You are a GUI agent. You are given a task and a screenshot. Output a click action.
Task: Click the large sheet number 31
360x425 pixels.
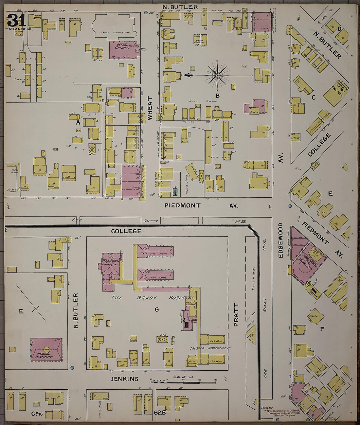click(x=16, y=20)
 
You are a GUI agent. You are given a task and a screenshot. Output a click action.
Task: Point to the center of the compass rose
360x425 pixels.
click(x=217, y=76)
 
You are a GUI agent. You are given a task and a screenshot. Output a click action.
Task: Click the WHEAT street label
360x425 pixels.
click(x=150, y=108)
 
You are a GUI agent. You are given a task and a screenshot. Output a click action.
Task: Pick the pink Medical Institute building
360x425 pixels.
click(x=46, y=349)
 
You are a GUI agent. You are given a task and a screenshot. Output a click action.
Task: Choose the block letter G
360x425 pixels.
click(x=157, y=310)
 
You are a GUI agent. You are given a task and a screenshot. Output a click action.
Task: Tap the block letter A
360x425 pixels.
click(x=78, y=122)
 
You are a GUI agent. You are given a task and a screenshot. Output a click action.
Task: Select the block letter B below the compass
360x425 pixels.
click(x=217, y=96)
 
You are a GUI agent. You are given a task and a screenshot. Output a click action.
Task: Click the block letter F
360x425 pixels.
click(x=322, y=329)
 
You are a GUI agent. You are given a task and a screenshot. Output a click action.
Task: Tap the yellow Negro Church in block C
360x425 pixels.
click(x=335, y=92)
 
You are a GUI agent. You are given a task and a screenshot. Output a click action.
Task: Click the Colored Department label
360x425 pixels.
click(x=210, y=348)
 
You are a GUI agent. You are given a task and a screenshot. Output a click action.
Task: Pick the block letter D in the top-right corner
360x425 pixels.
click(x=339, y=29)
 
